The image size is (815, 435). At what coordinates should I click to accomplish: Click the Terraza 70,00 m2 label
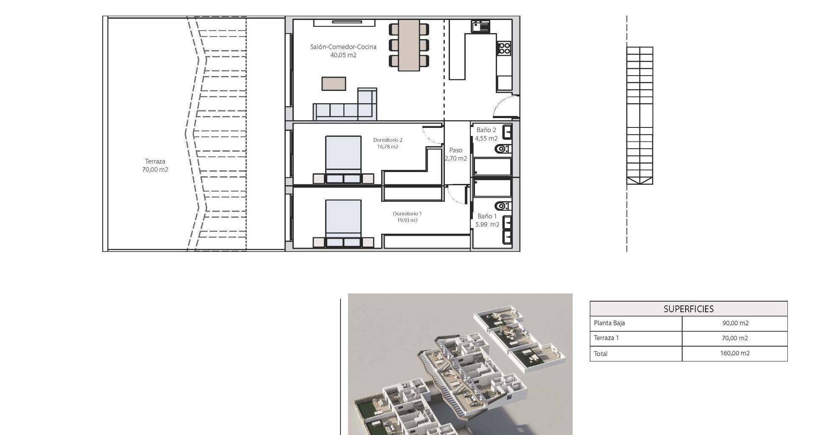coord(155,165)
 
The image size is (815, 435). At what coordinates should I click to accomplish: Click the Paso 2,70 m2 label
coord(456,154)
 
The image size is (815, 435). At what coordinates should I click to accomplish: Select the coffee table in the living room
coord(334,84)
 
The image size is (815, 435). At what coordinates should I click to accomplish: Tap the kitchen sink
coord(480,27)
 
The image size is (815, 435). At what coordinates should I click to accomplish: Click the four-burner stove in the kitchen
coord(504,48)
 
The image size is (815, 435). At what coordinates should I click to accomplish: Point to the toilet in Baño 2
coord(503,149)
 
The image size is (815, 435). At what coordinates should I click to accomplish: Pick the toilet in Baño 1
coord(503,206)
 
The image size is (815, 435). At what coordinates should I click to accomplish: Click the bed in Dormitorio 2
coord(343,160)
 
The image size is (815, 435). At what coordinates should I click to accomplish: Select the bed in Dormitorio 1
coord(343,224)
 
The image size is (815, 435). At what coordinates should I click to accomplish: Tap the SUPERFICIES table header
coord(689,309)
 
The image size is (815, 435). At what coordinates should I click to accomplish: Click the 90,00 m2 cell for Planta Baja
coord(735,323)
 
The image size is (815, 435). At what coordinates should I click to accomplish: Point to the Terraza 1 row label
coord(606,338)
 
